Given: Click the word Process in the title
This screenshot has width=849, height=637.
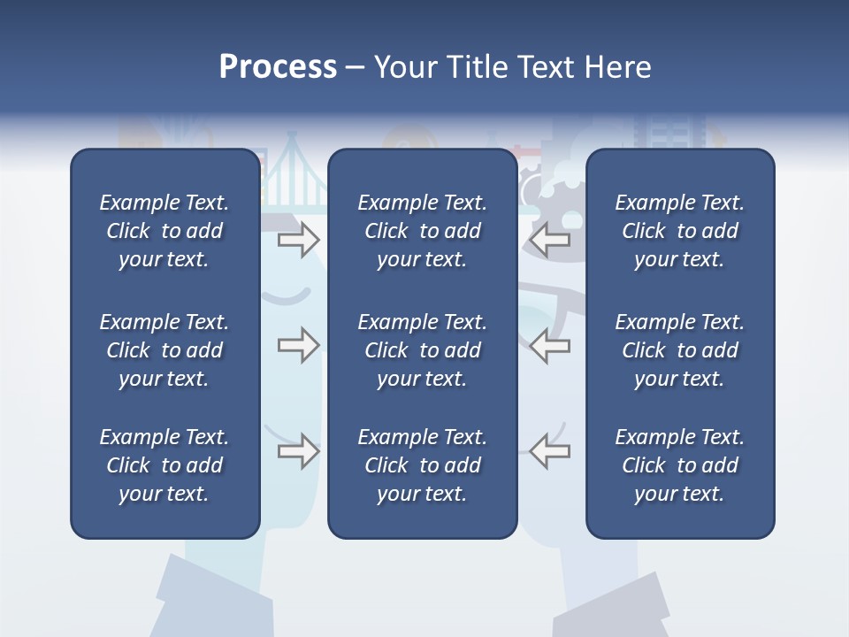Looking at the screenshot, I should (278, 67).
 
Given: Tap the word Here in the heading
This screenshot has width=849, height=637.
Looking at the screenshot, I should (617, 67).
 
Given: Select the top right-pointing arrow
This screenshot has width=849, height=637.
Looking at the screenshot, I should (298, 239).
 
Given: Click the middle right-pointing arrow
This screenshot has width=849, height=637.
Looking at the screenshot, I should (298, 345).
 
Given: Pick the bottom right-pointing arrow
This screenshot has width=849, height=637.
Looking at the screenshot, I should (298, 451).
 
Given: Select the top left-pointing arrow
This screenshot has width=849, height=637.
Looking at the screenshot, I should (550, 239).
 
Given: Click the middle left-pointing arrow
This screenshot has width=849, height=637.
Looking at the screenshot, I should (550, 345).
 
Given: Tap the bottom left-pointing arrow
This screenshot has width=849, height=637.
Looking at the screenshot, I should (550, 451).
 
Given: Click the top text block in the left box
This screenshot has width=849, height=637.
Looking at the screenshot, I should (164, 231).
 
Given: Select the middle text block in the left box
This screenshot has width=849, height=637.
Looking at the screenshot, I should (164, 350).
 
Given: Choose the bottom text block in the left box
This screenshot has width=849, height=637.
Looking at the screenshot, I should (164, 465).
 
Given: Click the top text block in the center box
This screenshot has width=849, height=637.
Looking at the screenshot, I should (422, 231).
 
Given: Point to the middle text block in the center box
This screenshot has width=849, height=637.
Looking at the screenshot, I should (422, 350).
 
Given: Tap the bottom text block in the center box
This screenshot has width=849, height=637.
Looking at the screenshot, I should (422, 465).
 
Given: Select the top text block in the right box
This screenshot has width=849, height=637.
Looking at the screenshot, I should (679, 231).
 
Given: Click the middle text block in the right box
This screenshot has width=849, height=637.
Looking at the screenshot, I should (679, 350).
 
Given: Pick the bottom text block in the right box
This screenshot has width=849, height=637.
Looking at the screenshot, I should (679, 465).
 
